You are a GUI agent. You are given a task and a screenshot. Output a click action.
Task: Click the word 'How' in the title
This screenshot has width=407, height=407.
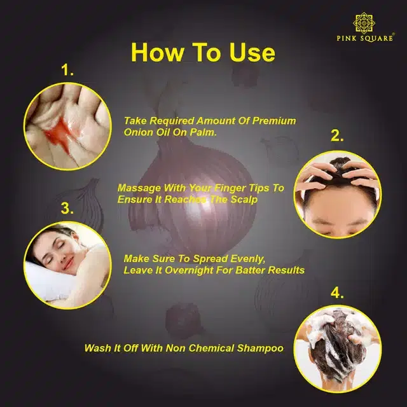[x=157, y=52]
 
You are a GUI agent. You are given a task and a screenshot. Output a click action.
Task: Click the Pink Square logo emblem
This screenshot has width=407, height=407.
[x=364, y=23]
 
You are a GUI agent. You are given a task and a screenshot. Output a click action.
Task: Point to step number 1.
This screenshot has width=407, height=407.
[x=67, y=70]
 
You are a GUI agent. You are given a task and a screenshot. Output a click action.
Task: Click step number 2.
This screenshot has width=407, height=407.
[x=337, y=135]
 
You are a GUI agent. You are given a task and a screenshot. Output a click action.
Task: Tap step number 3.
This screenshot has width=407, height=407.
[x=67, y=208]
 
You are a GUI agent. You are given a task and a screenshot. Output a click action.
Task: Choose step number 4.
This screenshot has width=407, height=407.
[x=337, y=293]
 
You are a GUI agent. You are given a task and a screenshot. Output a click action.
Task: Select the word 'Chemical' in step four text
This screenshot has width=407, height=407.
[x=211, y=348]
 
